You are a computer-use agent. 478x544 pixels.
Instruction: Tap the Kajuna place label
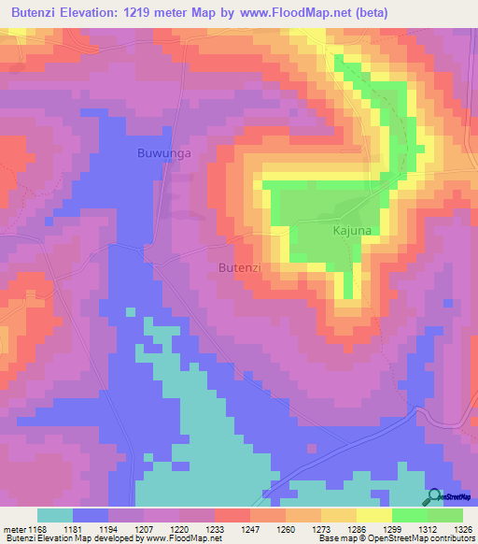[327, 228]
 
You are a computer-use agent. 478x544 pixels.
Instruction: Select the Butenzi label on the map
[238, 267]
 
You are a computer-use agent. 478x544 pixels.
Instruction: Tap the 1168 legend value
[38, 528]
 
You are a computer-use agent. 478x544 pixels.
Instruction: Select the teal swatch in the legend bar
[55, 515]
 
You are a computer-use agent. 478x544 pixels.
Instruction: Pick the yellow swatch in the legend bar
[373, 515]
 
